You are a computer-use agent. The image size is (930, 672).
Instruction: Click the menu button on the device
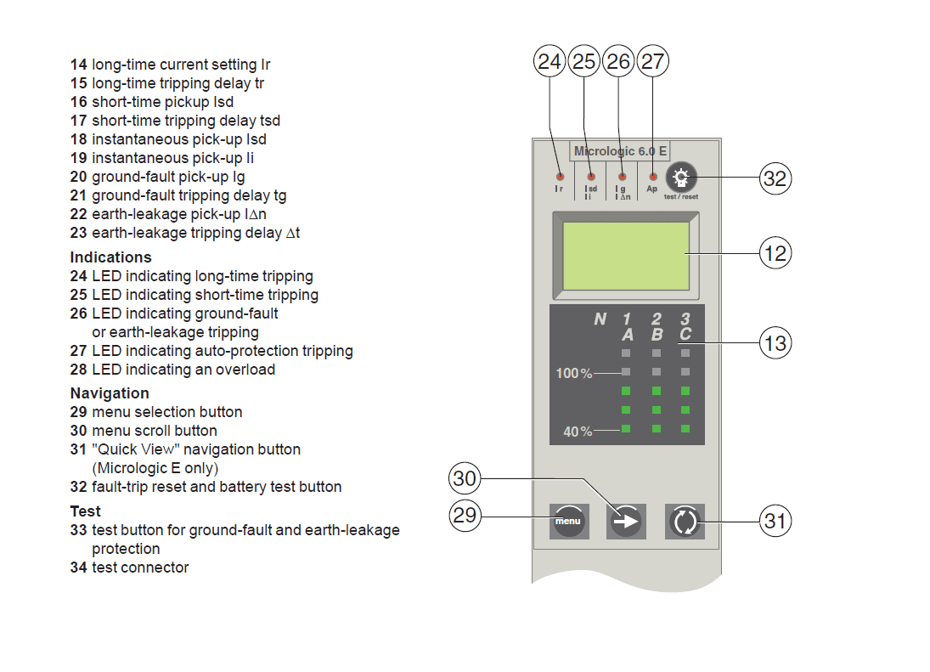click(569, 520)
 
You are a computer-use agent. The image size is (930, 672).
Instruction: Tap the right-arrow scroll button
click(627, 521)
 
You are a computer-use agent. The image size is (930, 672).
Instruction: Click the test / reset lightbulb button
click(680, 178)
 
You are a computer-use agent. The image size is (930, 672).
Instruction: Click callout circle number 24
click(550, 61)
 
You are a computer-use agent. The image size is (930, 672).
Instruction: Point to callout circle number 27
click(652, 61)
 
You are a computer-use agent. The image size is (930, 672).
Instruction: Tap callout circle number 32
click(775, 178)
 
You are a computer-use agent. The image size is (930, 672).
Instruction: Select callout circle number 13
click(775, 343)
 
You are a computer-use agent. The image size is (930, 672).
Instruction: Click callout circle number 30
click(465, 479)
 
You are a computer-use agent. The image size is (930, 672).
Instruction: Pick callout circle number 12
click(775, 253)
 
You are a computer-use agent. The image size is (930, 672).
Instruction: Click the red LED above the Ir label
click(559, 176)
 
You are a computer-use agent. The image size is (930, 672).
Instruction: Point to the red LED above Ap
click(652, 176)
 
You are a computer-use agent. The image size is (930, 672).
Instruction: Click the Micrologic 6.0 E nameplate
click(620, 151)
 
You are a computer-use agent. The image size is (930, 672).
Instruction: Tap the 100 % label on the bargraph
click(574, 374)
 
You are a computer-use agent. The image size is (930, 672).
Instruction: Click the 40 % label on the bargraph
click(578, 432)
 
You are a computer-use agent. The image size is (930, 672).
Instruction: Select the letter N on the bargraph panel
click(600, 319)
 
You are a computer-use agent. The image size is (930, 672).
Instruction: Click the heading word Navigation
click(110, 393)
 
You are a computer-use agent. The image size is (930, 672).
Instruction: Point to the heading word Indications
click(110, 257)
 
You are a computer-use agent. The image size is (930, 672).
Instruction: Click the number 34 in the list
click(78, 568)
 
